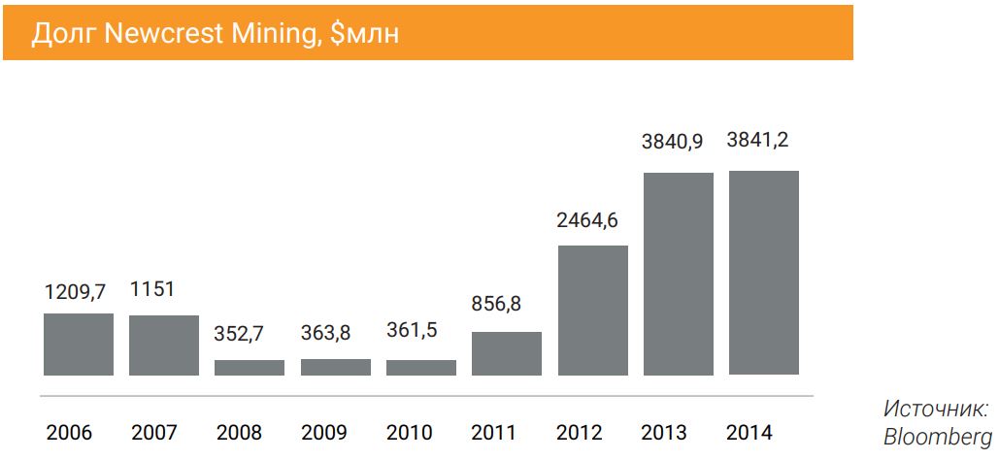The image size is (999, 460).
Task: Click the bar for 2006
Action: click(79, 345)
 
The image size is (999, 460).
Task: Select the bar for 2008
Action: click(250, 368)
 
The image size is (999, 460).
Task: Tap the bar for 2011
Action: click(507, 353)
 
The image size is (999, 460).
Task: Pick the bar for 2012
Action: click(592, 311)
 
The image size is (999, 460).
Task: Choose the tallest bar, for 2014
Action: click(763, 273)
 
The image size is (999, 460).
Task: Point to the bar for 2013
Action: click(678, 274)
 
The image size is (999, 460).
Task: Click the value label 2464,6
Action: click(586, 219)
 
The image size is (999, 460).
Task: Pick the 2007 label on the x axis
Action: click(154, 433)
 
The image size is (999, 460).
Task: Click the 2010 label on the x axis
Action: click(410, 433)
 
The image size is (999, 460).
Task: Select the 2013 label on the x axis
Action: click(665, 433)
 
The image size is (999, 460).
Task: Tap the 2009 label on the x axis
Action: click(324, 433)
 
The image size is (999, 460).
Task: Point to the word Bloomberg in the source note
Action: click(937, 438)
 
